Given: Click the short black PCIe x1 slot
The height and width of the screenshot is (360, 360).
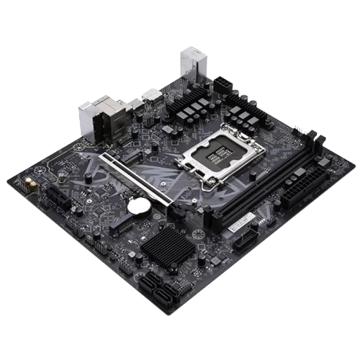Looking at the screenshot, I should (60, 198).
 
